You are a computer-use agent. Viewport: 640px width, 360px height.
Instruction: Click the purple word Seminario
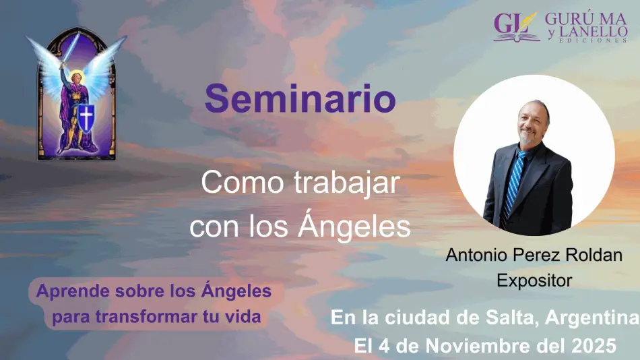tap(300, 98)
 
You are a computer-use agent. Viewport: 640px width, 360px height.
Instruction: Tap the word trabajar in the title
tap(347, 183)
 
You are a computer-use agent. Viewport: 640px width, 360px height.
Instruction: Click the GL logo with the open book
tap(516, 26)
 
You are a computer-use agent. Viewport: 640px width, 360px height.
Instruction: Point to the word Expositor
tap(534, 280)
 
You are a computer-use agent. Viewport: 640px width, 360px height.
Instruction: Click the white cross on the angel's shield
tap(86, 118)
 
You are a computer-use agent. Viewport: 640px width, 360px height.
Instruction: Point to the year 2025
tap(594, 346)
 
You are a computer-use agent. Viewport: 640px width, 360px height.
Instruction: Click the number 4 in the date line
tap(384, 346)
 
